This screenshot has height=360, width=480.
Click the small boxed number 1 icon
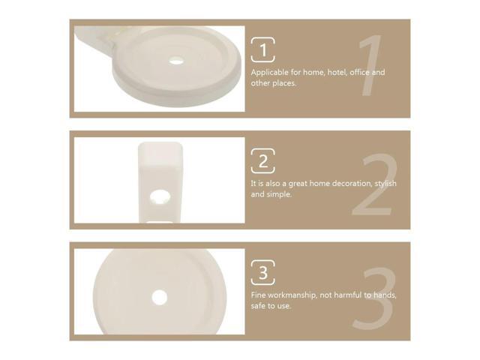pyautogui.click(x=262, y=50)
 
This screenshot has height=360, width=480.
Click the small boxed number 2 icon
pyautogui.click(x=262, y=160)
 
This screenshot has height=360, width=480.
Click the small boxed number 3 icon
pyautogui.click(x=262, y=271)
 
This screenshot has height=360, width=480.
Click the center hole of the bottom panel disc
pyautogui.click(x=159, y=297)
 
